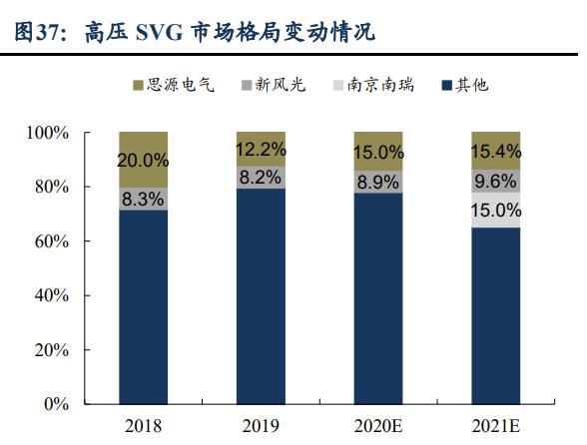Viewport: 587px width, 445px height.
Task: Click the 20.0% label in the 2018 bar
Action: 143,160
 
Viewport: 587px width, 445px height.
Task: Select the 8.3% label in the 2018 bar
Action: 143,199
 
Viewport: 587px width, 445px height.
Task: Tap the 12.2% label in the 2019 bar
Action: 260,150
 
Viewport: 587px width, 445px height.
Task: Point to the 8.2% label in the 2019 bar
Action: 260,178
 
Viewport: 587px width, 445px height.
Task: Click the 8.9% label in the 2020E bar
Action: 378,182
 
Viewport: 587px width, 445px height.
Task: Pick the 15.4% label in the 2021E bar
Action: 496,152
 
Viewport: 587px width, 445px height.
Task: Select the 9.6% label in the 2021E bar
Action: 496,182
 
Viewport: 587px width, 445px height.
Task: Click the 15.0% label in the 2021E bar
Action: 496,211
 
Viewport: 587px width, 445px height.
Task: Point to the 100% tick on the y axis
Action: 47,133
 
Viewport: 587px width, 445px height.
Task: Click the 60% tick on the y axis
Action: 51,241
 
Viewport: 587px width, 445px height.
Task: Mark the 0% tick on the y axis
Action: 55,405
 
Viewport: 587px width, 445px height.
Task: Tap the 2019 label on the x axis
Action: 260,427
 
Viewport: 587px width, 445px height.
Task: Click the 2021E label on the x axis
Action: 496,427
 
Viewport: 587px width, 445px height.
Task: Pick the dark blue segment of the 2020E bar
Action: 378,299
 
